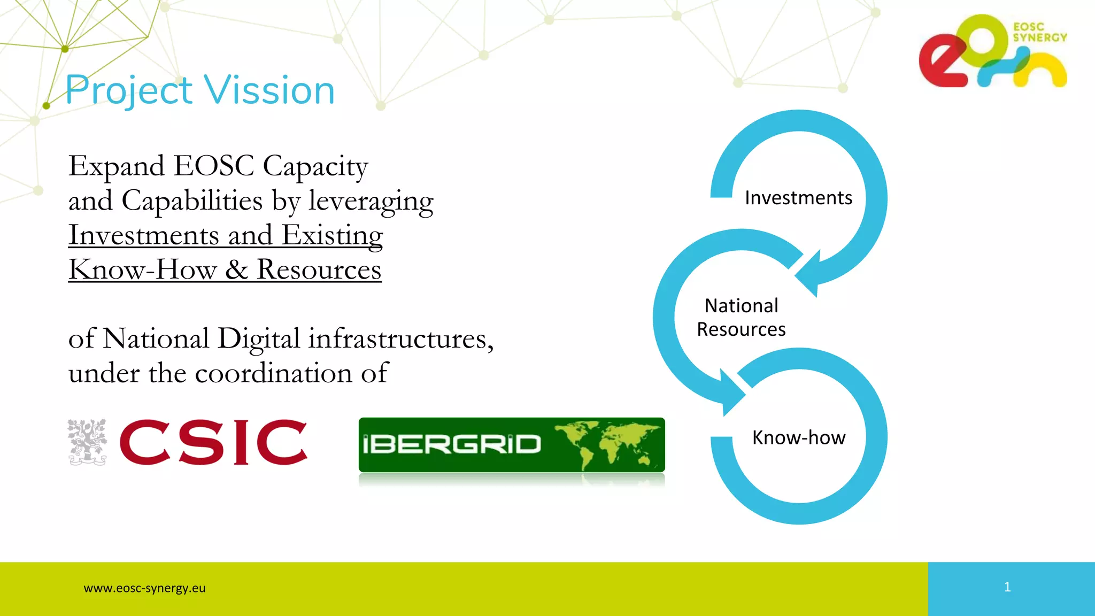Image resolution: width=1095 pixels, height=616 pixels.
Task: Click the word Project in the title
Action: click(x=128, y=90)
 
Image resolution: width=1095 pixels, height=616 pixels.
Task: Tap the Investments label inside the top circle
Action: click(x=798, y=198)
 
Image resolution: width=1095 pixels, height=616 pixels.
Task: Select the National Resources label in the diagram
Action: click(x=742, y=318)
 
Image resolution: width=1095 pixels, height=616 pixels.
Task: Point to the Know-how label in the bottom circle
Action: click(x=799, y=437)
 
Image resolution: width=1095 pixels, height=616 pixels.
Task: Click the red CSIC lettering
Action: click(x=213, y=442)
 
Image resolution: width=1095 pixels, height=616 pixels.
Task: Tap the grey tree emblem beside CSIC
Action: click(x=87, y=442)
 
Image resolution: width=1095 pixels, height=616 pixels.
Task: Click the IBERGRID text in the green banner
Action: click(x=452, y=444)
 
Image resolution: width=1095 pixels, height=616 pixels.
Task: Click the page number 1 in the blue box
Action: click(x=1007, y=587)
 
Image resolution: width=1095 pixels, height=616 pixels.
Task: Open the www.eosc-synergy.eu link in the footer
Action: click(x=144, y=588)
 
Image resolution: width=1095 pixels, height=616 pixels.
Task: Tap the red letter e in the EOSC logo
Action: click(x=941, y=61)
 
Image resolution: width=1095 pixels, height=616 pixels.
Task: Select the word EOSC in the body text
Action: click(x=214, y=166)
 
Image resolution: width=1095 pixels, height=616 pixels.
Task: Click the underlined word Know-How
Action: click(x=142, y=269)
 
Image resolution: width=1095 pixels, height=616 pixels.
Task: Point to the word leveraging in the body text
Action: click(x=371, y=202)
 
